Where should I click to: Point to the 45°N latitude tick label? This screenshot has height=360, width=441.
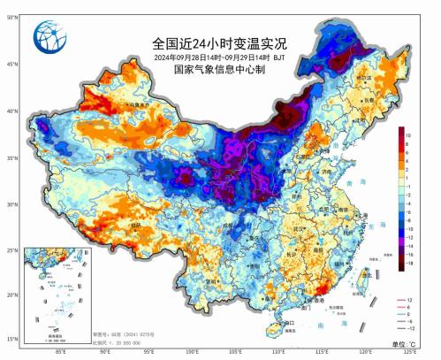(11, 64)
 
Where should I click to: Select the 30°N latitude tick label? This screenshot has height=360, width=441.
(11, 204)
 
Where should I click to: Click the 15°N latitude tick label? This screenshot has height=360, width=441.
(11, 339)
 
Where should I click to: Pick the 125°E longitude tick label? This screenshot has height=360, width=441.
(408, 351)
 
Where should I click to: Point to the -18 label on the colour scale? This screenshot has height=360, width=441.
(410, 264)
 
